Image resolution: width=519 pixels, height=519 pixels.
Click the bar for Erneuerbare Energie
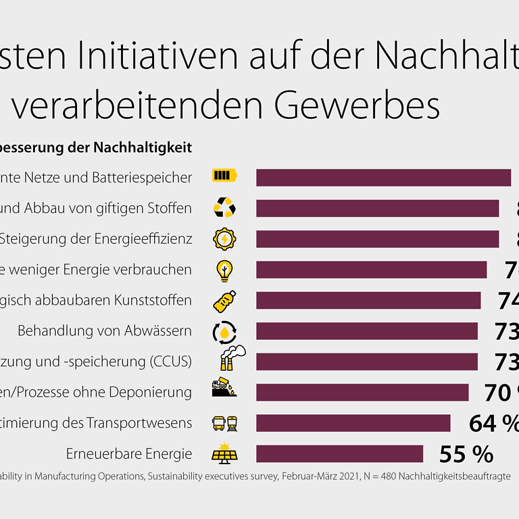(x=339, y=453)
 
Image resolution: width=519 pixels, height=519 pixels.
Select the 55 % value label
(x=466, y=453)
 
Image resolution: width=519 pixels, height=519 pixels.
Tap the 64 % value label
(x=493, y=423)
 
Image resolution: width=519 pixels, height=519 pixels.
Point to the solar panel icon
(x=224, y=453)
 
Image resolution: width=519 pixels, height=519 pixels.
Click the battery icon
(x=224, y=176)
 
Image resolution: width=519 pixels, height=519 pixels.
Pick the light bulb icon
(x=224, y=270)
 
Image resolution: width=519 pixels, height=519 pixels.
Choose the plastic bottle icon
(x=224, y=300)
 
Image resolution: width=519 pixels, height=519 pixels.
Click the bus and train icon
(x=224, y=423)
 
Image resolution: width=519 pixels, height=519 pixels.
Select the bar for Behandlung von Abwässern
(x=367, y=331)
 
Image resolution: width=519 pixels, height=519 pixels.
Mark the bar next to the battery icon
(x=383, y=177)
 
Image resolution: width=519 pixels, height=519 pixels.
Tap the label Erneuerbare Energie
(x=129, y=453)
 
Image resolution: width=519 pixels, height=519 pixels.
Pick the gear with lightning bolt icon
(x=224, y=239)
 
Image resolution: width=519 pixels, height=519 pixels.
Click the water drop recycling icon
(x=224, y=331)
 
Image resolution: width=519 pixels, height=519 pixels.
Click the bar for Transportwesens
(x=353, y=423)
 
